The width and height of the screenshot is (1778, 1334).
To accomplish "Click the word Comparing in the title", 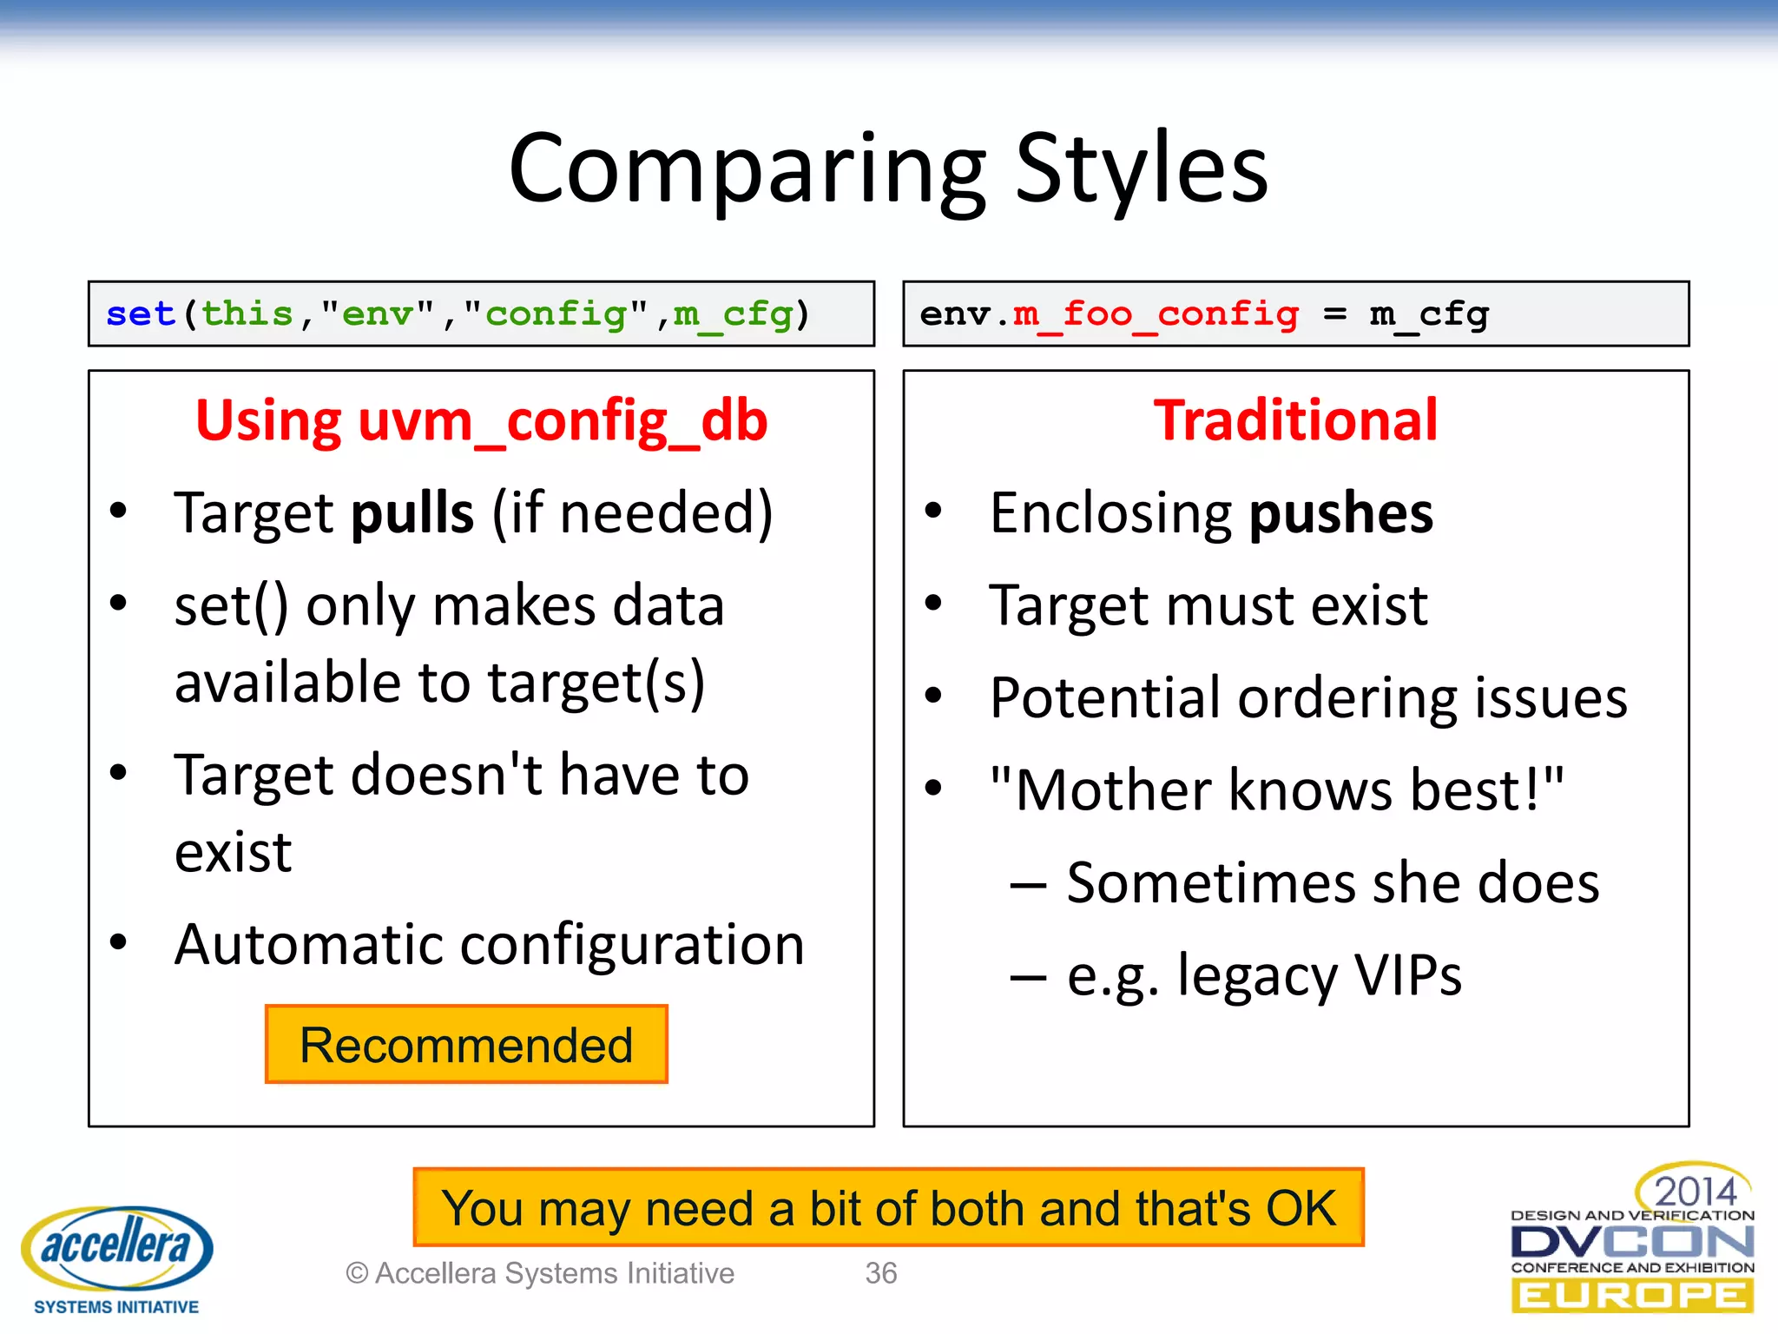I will (x=747, y=169).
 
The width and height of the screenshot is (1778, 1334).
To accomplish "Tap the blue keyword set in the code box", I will (x=141, y=314).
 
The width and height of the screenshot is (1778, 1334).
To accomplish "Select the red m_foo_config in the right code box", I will (x=1156, y=314).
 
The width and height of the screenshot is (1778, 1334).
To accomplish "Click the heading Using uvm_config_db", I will (x=481, y=421).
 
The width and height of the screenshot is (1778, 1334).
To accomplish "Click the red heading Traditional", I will (x=1295, y=421).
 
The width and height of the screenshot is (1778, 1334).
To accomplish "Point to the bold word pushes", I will (x=1341, y=514).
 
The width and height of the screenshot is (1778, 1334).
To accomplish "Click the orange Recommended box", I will (x=466, y=1045).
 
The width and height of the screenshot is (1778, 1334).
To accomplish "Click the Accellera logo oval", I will (x=116, y=1246).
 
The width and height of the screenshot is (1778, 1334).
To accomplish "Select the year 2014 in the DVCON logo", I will (x=1694, y=1191).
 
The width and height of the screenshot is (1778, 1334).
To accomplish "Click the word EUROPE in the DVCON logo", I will (x=1632, y=1297).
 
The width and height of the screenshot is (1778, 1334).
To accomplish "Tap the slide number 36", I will (x=880, y=1273).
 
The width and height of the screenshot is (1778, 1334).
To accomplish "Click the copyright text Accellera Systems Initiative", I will (x=554, y=1273).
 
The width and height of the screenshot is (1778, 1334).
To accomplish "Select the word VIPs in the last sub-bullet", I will (x=1407, y=975).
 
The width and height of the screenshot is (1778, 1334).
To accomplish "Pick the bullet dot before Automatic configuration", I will (x=119, y=941).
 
